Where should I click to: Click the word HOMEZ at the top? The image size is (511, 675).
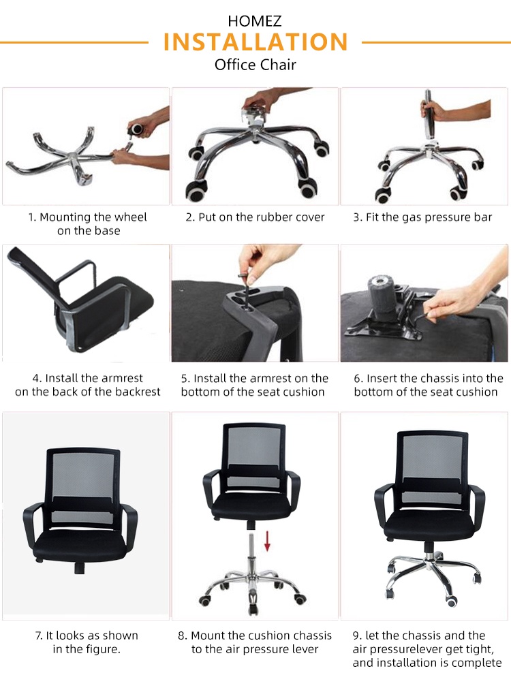click(255, 22)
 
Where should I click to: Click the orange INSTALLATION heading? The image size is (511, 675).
click(255, 42)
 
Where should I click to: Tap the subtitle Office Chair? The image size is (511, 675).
click(255, 65)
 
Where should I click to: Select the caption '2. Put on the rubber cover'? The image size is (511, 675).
click(255, 217)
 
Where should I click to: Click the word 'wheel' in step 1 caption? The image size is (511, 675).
click(130, 217)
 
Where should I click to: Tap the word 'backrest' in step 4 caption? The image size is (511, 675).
click(138, 392)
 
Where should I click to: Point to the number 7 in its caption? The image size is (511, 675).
click(38, 635)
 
